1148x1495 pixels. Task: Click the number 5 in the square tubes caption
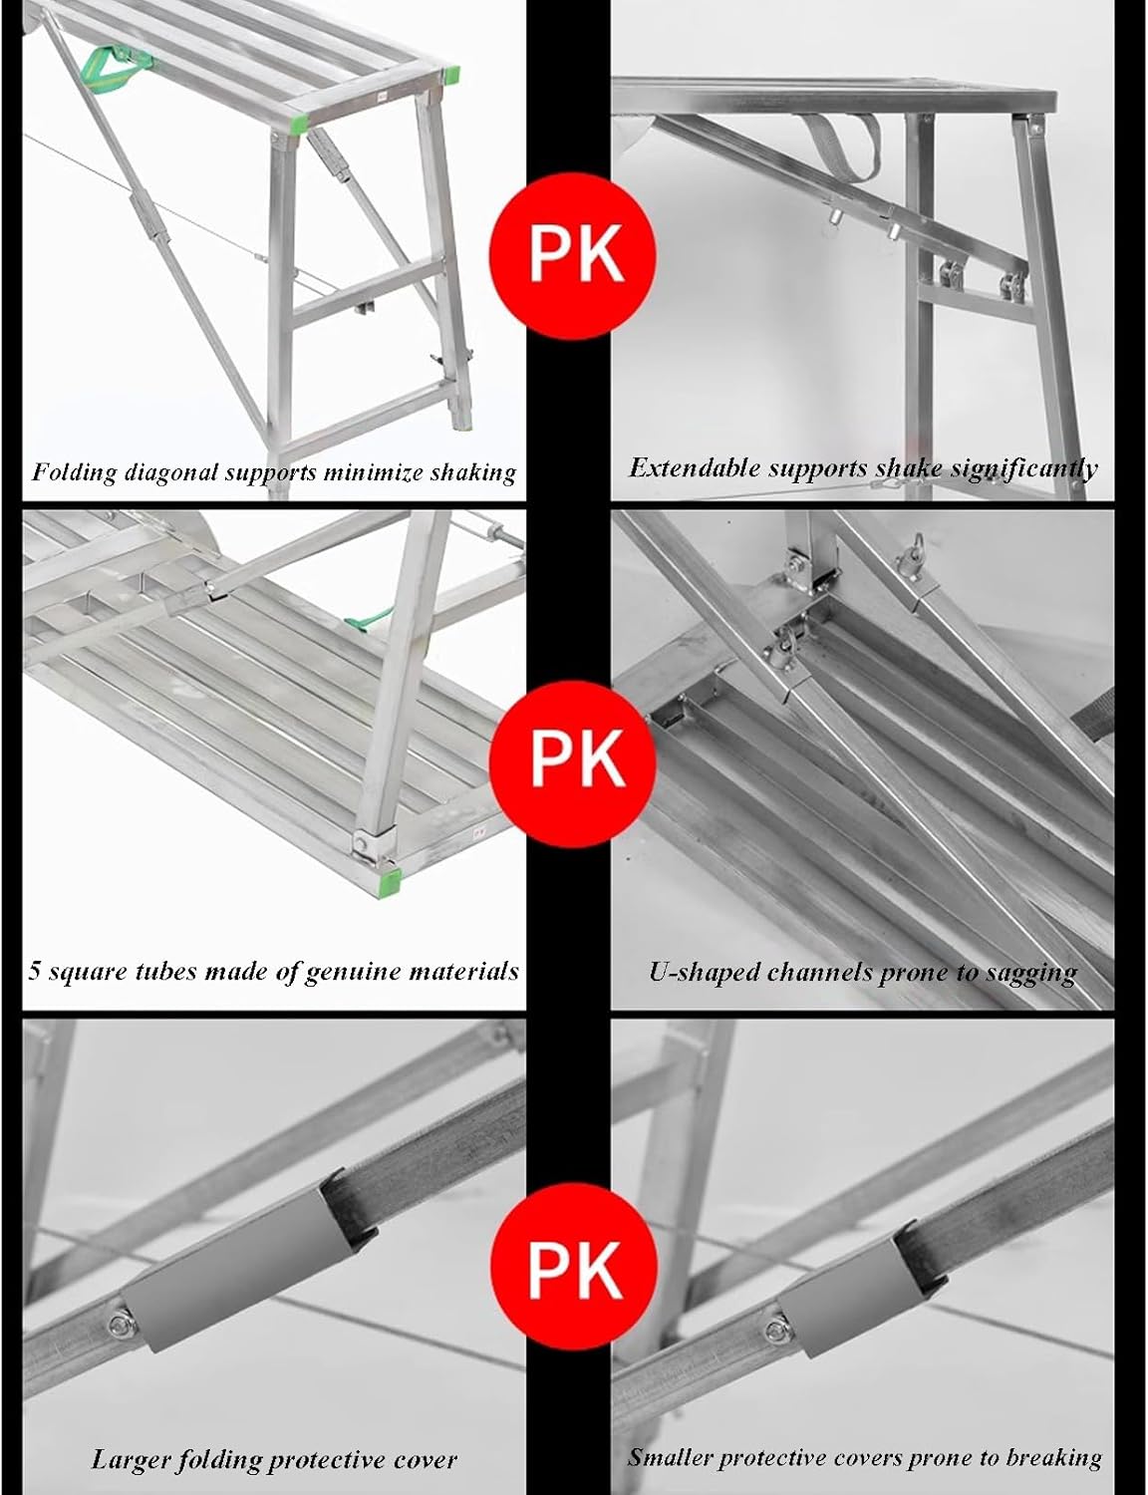[35, 971]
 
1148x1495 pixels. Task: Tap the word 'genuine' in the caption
[347, 971]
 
